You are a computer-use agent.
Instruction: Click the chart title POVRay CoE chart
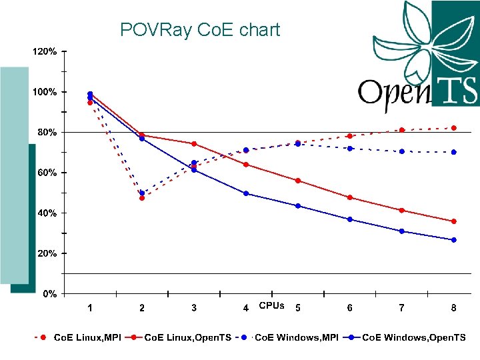[200, 30]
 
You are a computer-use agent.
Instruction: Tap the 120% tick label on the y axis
[45, 51]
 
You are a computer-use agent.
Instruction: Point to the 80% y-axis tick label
[45, 132]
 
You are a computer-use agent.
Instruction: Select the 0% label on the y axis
[49, 294]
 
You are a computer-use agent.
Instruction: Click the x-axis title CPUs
[271, 306]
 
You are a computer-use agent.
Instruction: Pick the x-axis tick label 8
[453, 307]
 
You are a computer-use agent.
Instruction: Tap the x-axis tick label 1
[90, 307]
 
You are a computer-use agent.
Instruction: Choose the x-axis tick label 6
[349, 307]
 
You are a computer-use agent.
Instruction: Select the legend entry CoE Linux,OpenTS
[187, 338]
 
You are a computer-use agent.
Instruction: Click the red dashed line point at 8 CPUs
[454, 128]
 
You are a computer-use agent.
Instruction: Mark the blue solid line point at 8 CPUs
[454, 240]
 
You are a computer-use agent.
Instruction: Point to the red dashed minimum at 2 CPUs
[142, 198]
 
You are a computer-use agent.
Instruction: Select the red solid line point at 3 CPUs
[194, 144]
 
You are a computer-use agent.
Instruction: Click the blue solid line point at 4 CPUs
[246, 193]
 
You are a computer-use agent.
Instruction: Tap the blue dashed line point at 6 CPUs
[350, 148]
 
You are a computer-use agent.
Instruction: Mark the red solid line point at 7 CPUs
[402, 210]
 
